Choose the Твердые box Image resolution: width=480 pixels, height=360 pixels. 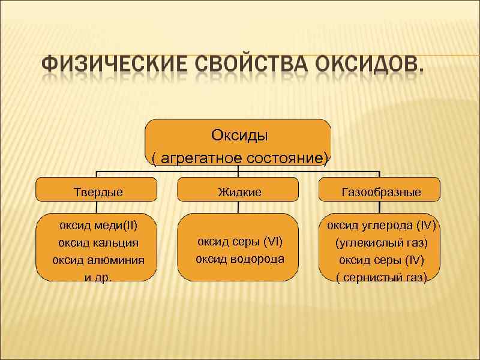coord(97,192)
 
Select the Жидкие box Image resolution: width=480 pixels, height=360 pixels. coord(238,192)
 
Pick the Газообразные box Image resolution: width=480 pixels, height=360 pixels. coord(380,192)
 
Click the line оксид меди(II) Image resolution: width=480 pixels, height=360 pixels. coord(97,226)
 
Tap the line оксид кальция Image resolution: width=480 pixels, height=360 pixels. coord(97,243)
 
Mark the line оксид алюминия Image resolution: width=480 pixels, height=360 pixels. coord(97,260)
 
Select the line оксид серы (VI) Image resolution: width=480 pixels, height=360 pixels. coord(239,242)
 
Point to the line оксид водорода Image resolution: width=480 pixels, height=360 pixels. coord(239,259)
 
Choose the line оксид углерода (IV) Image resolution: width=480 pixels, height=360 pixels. coord(381,226)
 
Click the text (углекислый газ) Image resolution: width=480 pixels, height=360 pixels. coord(381,243)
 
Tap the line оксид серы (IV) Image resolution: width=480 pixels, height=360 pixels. coord(381,260)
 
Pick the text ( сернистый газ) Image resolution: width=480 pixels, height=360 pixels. coord(381,278)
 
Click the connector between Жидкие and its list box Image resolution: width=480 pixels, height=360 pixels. coord(238,207)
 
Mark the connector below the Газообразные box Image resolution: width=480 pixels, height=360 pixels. coord(380,207)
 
